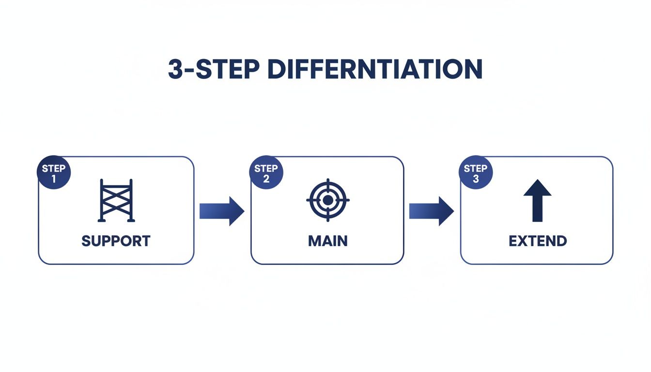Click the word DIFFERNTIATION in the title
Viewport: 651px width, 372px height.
pos(375,70)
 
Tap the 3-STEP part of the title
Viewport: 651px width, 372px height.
pos(214,70)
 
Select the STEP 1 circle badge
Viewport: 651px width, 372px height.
pos(54,173)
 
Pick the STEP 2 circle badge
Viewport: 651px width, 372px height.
pos(266,173)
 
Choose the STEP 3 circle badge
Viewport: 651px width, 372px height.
pos(475,173)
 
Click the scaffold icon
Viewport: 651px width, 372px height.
pos(116,201)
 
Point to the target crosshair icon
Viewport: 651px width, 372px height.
pos(328,200)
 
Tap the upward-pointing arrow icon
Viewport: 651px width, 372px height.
pos(537,201)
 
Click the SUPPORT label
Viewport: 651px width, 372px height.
pos(116,241)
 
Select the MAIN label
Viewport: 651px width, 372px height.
pos(328,241)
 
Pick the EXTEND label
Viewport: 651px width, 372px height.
pos(538,241)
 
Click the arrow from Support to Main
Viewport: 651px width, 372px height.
pos(222,211)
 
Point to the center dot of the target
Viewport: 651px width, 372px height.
pos(328,200)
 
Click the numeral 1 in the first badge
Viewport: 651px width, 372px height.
pos(54,179)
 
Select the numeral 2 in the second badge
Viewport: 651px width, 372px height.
pos(266,179)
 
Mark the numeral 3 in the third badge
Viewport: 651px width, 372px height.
pos(475,179)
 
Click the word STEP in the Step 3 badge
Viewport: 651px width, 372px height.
pos(475,169)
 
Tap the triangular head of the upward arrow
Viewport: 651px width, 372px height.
pos(537,188)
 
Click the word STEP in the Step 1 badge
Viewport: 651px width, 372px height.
pos(54,169)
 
